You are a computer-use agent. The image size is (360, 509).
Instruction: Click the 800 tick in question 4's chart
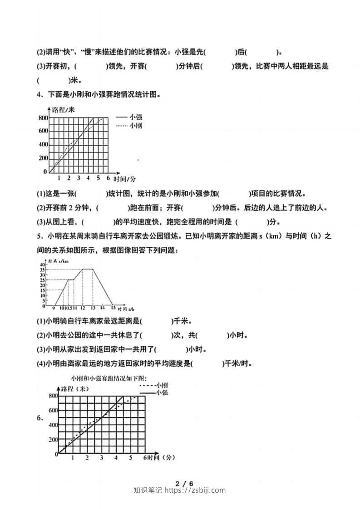pos(42,118)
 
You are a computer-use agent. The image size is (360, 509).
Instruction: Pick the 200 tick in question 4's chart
pos(42,158)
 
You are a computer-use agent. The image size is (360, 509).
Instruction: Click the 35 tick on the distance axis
pos(42,269)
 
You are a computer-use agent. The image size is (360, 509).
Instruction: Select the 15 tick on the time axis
pos(112,308)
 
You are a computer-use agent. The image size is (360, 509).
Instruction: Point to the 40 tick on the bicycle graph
pos(42,264)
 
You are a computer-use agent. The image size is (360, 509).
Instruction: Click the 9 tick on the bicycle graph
pos(53,308)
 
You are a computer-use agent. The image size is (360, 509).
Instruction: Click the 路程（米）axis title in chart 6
pos(75,389)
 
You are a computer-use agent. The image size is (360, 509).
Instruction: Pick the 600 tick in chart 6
pos(53,411)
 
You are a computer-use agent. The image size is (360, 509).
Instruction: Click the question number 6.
pos(40,418)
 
